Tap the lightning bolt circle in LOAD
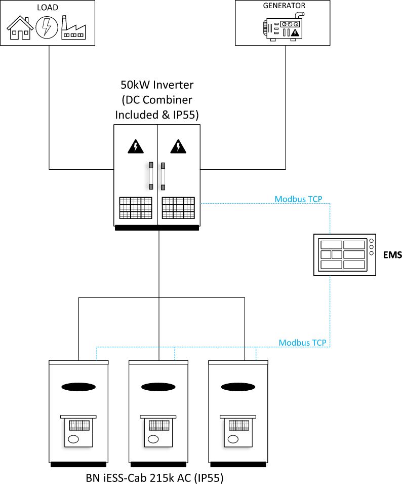coord(46,27)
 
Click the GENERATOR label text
coord(284,6)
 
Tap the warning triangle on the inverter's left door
coord(135,146)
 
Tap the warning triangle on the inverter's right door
coord(178,146)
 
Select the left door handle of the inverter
coord(151,176)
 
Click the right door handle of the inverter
coord(163,176)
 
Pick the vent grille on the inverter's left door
coord(136,208)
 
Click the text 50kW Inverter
coord(157,85)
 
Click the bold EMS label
coord(392,254)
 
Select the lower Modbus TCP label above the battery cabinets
coord(303,343)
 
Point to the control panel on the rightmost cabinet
coord(238,431)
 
